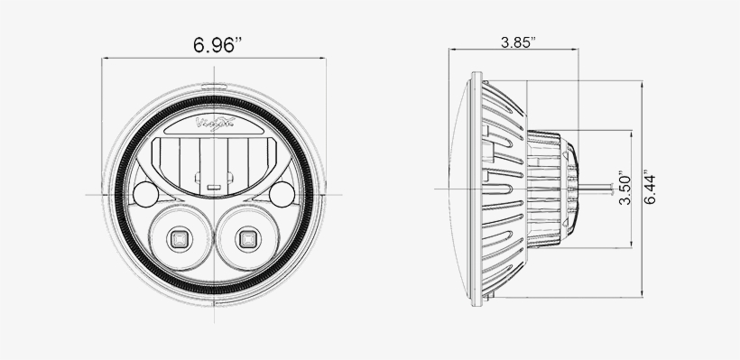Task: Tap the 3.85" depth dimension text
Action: [x=517, y=42]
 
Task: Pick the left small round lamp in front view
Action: [x=145, y=192]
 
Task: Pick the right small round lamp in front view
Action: [x=283, y=192]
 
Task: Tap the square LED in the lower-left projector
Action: [x=178, y=239]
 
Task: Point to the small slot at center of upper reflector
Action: [x=214, y=188]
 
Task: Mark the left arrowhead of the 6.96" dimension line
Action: [x=106, y=59]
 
